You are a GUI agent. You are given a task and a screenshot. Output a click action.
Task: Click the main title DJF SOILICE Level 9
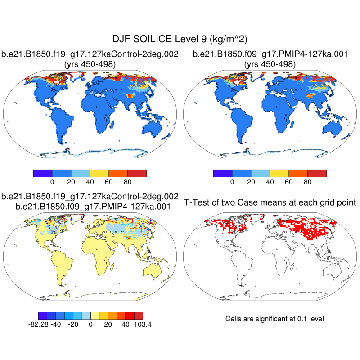tap(180, 39)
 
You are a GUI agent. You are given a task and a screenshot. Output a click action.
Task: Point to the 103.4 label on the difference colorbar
tap(142, 324)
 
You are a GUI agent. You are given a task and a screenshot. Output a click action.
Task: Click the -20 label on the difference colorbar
tap(73, 324)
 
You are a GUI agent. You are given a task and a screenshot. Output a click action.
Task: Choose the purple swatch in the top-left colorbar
tap(43, 173)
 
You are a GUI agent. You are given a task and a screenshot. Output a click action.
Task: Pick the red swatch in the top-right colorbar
tap(317, 173)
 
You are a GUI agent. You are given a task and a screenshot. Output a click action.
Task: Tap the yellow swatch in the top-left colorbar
tap(99, 173)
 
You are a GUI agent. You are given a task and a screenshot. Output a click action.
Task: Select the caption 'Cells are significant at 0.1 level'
tap(274, 319)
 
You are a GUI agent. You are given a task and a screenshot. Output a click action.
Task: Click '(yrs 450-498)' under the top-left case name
tap(90, 64)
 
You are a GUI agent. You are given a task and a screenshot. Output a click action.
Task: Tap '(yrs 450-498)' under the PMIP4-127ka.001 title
tap(270, 64)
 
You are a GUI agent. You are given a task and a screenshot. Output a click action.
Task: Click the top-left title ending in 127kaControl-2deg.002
tap(90, 54)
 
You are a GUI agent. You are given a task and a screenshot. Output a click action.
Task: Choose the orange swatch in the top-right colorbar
tap(298, 173)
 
